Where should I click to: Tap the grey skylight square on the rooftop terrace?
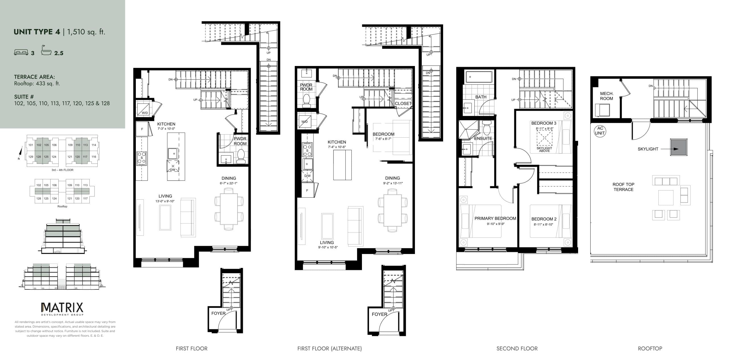coord(679,147)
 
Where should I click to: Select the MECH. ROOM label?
coord(607,96)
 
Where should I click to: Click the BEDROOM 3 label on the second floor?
coord(544,123)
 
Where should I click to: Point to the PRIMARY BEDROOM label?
coord(495,218)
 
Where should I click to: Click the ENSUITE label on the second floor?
coord(483,138)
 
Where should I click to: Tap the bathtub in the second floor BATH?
coord(479,77)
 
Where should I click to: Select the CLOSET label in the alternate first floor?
coord(403,104)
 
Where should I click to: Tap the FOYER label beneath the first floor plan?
coord(218,313)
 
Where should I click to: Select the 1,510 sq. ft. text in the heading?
coord(86,32)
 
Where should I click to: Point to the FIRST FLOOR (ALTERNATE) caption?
coord(329,348)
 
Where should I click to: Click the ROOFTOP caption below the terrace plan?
coord(650,348)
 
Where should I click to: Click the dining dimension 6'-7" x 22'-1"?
coord(229,183)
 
